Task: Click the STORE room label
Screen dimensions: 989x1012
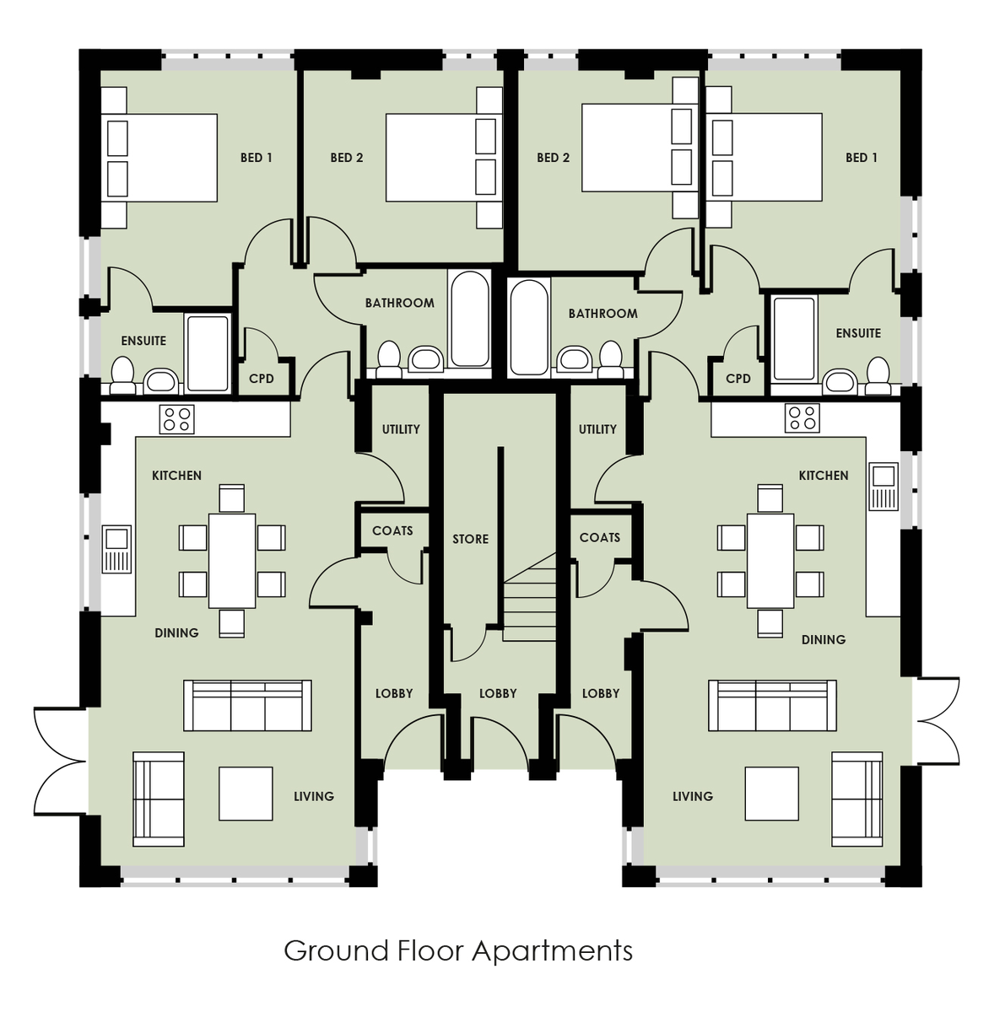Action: coord(470,539)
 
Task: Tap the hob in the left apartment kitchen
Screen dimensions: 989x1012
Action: coord(176,419)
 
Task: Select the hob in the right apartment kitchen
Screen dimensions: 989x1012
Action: coord(802,418)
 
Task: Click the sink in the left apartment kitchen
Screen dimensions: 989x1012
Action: coord(116,549)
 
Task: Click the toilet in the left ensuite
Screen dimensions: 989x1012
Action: coord(122,375)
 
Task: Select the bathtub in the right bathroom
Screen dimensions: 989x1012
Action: coord(529,327)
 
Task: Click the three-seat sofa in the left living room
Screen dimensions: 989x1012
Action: coord(247,705)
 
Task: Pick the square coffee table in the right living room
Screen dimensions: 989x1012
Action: coord(771,794)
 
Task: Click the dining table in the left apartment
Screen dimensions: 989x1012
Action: coord(232,561)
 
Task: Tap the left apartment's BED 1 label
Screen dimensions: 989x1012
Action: coord(257,158)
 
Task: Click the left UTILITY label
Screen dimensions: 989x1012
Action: coord(401,429)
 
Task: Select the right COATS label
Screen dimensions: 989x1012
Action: coord(600,537)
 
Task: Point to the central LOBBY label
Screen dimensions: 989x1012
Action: coord(498,693)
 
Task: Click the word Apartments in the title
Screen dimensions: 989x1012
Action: coord(552,950)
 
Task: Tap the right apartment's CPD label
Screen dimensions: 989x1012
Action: coord(738,379)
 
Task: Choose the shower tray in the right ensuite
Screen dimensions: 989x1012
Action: coord(794,340)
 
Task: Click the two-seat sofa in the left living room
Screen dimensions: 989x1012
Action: coord(159,799)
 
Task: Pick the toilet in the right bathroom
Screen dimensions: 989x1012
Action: coord(610,358)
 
